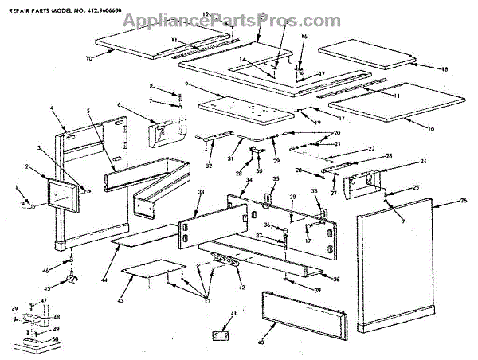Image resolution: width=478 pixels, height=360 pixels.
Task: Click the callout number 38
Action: (338, 280)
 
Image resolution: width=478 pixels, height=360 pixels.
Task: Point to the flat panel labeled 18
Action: (366, 57)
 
